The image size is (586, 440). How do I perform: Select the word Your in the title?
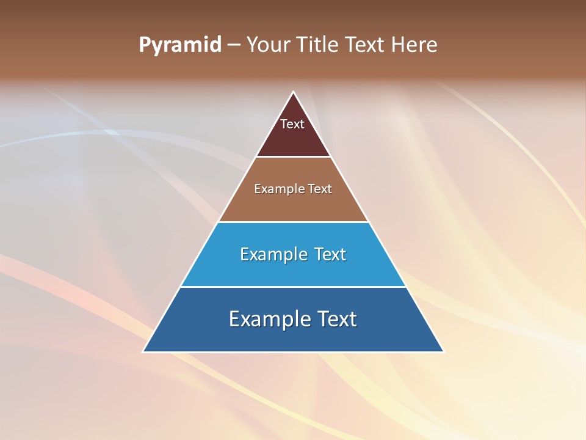click(x=267, y=45)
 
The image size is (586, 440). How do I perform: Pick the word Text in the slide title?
click(x=366, y=45)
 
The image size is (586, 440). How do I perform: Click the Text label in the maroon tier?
click(x=292, y=125)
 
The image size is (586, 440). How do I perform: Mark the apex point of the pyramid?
click(x=293, y=92)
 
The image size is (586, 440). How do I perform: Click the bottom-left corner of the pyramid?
click(x=143, y=351)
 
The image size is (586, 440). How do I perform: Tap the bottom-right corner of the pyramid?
click(x=443, y=351)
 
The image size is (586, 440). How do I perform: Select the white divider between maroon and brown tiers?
click(x=293, y=157)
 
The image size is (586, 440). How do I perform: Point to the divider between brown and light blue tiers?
click(x=293, y=222)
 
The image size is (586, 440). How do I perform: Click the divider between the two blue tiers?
click(x=293, y=287)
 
